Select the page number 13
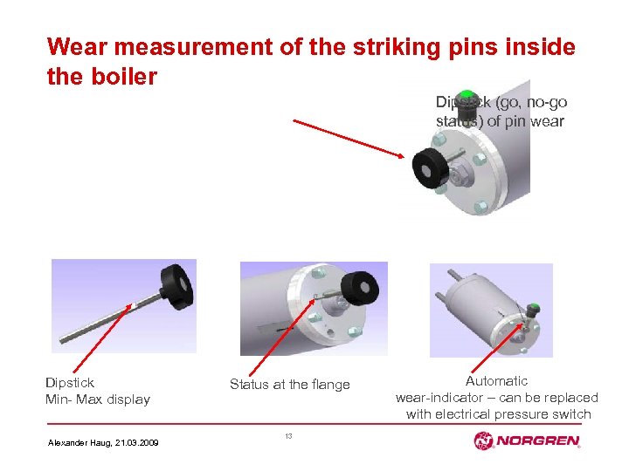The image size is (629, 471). [x=289, y=435]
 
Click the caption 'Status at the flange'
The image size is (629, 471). [x=289, y=385]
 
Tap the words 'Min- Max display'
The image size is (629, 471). [x=98, y=399]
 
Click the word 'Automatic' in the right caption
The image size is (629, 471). [x=496, y=381]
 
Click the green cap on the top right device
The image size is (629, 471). [x=467, y=95]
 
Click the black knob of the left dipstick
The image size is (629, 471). [x=176, y=283]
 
